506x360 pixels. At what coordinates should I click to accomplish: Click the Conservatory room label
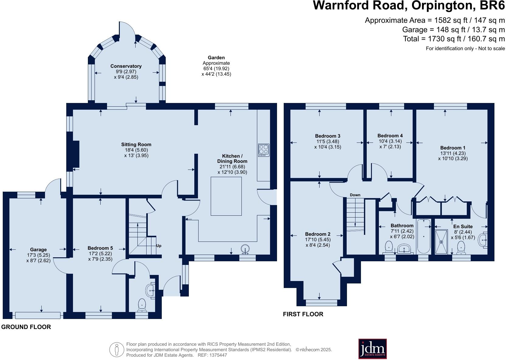click(126, 66)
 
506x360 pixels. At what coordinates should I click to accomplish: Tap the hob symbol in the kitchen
click(263, 150)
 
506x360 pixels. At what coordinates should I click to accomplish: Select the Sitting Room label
click(136, 145)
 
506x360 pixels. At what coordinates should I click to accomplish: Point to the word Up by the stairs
click(159, 245)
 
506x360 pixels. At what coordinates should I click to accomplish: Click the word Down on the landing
click(355, 195)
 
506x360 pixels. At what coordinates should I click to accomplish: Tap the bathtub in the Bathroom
click(423, 236)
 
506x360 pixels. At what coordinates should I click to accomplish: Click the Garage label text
click(38, 250)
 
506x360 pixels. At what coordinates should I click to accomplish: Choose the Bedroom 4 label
click(390, 136)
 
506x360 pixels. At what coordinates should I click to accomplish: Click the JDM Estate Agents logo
click(373, 348)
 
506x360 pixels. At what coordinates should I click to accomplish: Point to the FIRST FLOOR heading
click(303, 314)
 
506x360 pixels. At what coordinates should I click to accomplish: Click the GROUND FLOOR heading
click(26, 327)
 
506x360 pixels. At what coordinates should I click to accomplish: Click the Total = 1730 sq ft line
click(454, 39)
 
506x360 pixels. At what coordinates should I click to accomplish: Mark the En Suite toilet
click(461, 248)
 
